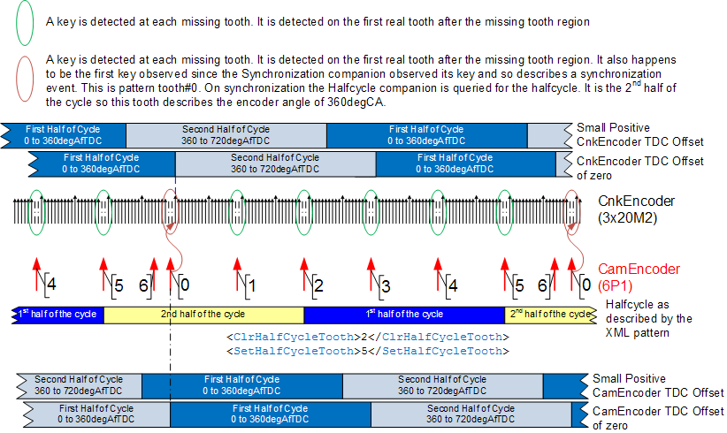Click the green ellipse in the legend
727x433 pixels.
(16, 22)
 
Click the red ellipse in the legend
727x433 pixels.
(16, 79)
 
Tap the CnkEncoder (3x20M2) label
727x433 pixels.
(636, 209)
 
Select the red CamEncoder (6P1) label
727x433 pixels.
(639, 277)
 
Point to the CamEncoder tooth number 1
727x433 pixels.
(252, 285)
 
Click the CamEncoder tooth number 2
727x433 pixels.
(318, 285)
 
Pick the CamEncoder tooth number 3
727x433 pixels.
(386, 285)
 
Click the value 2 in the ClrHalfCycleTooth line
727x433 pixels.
(364, 338)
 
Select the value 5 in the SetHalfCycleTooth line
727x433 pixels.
(364, 352)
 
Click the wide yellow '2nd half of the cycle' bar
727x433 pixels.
(203, 315)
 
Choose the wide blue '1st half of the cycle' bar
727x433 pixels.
(404, 315)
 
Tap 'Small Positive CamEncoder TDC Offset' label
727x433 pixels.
(658, 386)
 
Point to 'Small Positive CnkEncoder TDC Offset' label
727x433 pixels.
(639, 135)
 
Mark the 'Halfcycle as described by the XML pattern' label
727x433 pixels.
(648, 319)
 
